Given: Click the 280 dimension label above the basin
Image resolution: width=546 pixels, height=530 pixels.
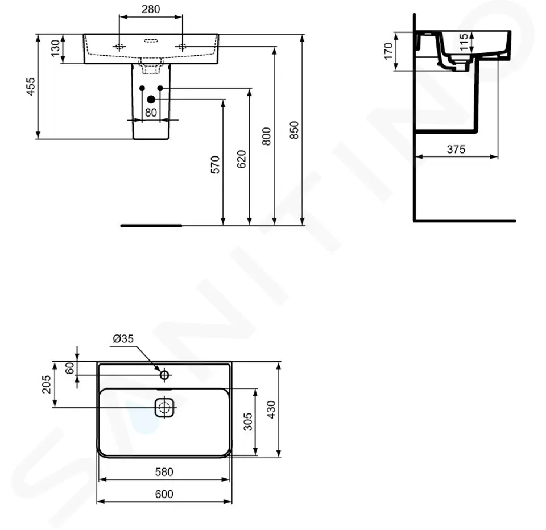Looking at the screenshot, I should (x=151, y=9).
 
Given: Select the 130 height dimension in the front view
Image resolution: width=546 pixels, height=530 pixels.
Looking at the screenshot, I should (x=55, y=49).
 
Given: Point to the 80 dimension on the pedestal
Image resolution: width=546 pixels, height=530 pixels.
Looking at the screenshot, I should (x=151, y=113).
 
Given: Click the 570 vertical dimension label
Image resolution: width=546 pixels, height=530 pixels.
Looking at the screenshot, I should (x=215, y=164).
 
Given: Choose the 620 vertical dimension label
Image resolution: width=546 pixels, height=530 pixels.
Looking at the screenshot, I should (x=241, y=159).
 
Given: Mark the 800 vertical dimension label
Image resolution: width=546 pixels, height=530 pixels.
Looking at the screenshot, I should (x=267, y=136).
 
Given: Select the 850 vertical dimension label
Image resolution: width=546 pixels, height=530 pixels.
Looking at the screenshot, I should (x=294, y=130).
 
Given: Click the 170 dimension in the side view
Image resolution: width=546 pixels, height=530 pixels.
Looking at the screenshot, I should (x=388, y=51).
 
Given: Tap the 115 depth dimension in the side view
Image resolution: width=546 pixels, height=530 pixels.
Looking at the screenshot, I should (x=464, y=43).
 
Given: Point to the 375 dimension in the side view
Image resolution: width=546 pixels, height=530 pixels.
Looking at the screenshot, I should (x=456, y=150).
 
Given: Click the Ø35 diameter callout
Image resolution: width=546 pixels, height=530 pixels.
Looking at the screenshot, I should (x=123, y=338).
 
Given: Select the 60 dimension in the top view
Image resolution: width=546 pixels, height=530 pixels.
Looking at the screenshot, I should (x=70, y=368).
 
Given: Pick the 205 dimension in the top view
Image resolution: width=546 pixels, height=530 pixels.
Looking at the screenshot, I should (x=47, y=384).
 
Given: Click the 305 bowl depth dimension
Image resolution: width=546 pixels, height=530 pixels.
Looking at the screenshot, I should (x=248, y=422).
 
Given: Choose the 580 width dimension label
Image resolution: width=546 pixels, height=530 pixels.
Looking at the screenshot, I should (x=164, y=471).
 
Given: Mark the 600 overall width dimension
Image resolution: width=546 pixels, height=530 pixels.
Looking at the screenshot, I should (x=164, y=494).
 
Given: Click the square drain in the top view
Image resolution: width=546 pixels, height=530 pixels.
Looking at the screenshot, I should (x=164, y=407).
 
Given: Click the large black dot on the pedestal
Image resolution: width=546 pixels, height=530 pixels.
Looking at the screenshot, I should (x=151, y=100).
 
